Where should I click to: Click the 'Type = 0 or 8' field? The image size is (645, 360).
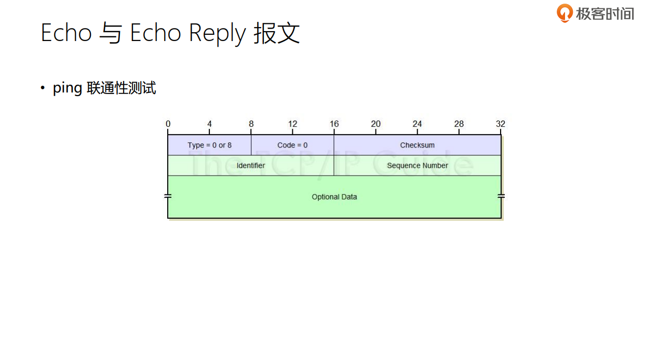209,145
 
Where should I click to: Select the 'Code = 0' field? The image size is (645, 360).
292,145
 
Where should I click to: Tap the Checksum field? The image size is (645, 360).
417,145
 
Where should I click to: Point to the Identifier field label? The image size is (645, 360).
251,165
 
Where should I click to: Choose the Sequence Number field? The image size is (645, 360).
417,165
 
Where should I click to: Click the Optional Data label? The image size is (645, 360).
334,197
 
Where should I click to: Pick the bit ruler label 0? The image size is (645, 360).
168,124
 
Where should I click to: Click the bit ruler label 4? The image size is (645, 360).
209,124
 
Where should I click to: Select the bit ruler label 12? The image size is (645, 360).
292,124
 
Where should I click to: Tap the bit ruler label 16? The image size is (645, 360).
334,124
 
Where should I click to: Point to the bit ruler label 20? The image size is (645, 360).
375,124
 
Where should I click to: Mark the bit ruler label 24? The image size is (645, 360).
417,124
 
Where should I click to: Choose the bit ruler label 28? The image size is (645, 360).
459,124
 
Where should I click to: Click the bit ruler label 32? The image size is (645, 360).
500,124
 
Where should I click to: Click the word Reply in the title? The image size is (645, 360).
217,34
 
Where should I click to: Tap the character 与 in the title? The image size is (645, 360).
111,34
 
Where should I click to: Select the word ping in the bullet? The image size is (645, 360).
67,88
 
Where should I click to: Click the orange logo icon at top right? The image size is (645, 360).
565,12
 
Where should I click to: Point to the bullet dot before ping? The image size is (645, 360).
43,88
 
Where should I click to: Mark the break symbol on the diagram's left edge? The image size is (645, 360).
168,196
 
